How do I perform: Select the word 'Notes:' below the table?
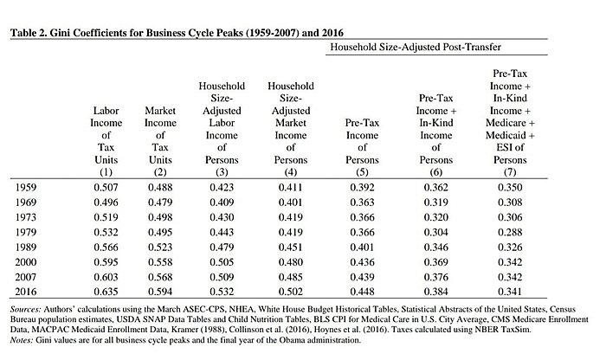tap(24, 341)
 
